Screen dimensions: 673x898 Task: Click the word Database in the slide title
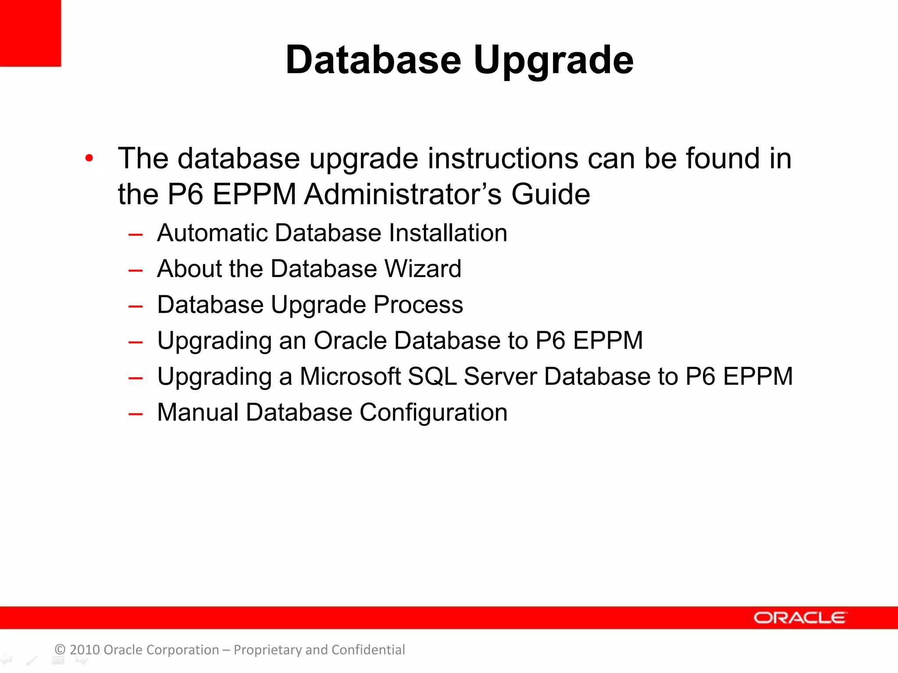373,60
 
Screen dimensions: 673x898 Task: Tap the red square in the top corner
30,33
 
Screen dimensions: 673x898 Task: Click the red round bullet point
89,158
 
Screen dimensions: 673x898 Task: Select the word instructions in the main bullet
502,158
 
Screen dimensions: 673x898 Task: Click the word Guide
551,194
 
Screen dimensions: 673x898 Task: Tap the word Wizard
423,269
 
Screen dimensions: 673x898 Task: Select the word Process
418,305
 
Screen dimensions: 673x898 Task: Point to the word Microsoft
350,376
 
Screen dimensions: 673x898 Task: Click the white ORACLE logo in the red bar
800,618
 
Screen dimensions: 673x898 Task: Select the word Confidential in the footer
368,650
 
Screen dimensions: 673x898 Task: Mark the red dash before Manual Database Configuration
135,413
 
